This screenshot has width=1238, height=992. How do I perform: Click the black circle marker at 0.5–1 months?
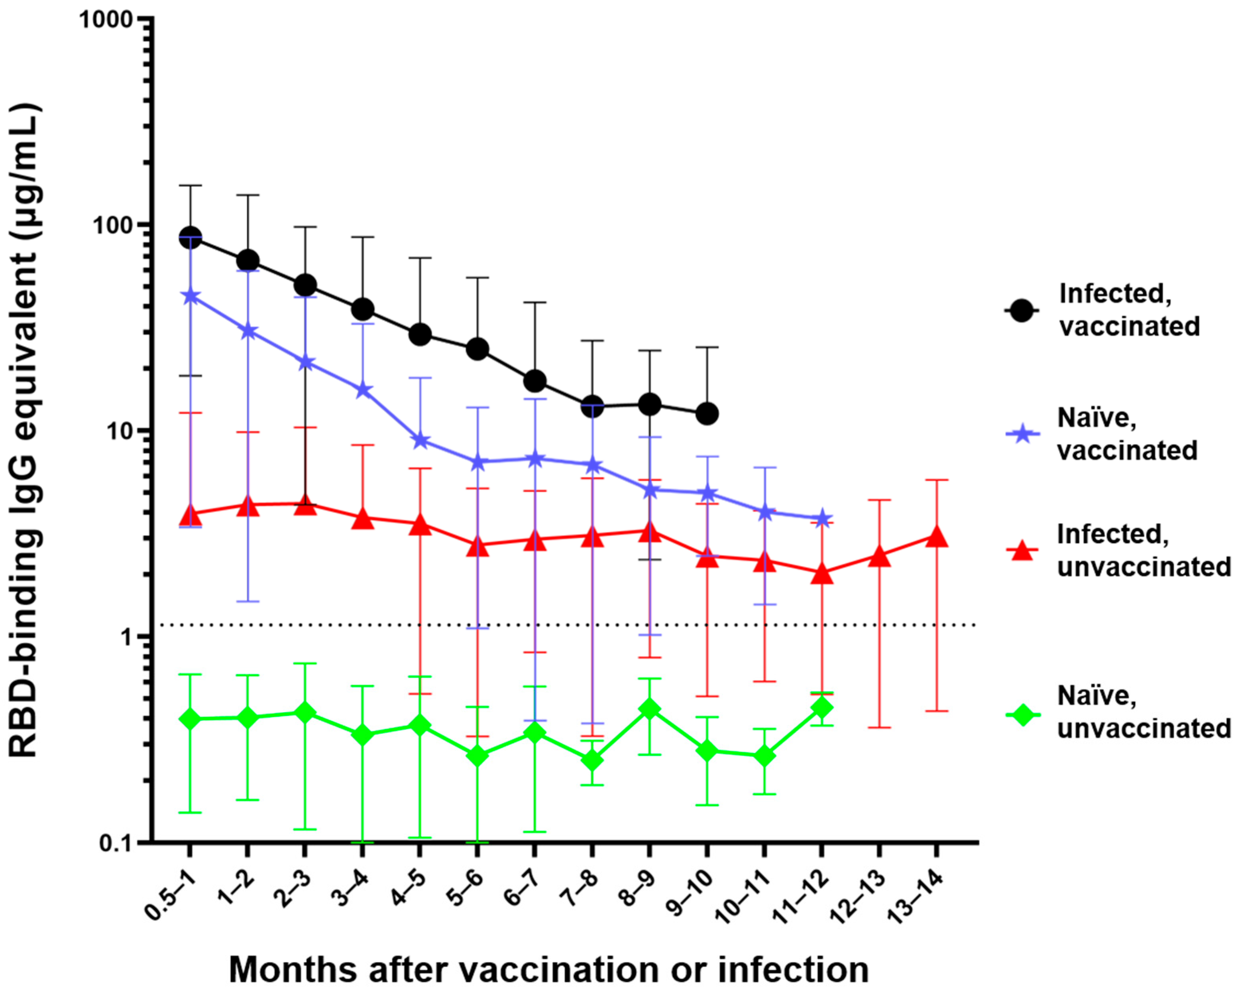pos(191,238)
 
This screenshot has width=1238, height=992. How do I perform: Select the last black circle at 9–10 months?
pos(707,413)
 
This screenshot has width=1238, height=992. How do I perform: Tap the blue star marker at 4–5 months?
pos(421,441)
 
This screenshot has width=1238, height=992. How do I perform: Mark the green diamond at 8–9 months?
pos(649,709)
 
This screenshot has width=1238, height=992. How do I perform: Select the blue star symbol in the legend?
pos(1022,434)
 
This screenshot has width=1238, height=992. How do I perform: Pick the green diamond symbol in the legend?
pos(1022,715)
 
